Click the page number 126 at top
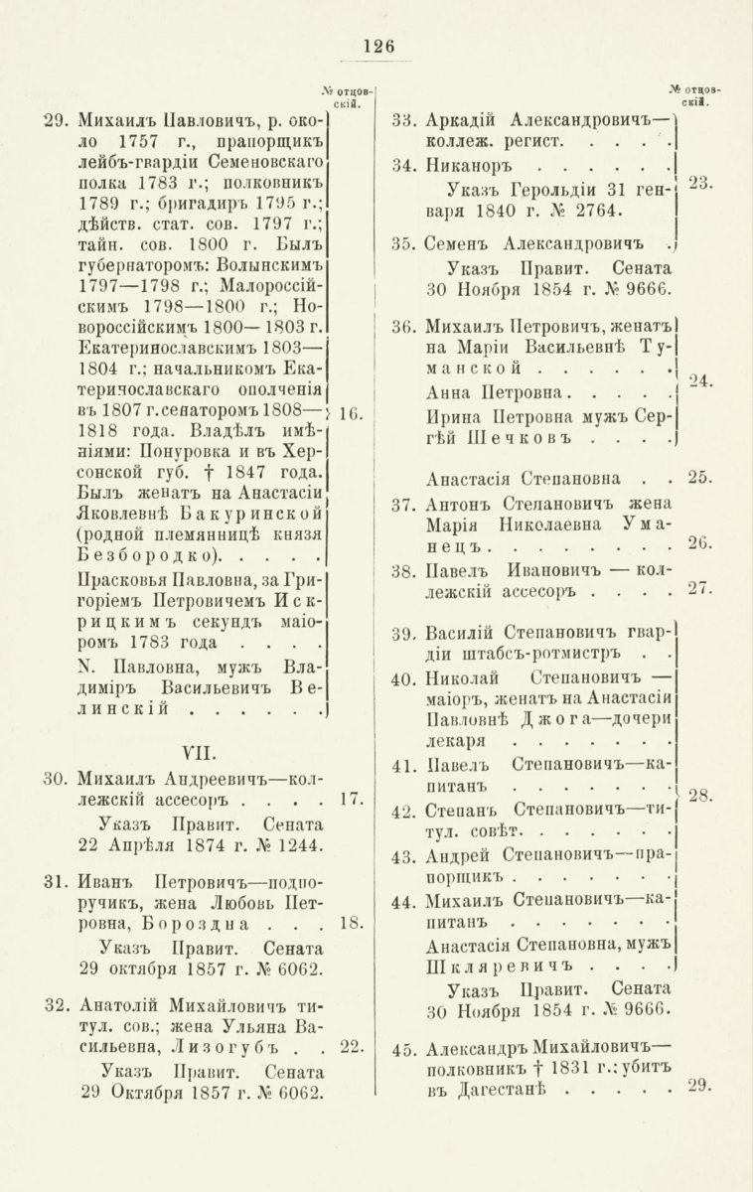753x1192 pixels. [378, 45]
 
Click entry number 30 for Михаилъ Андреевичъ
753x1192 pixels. [56, 776]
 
